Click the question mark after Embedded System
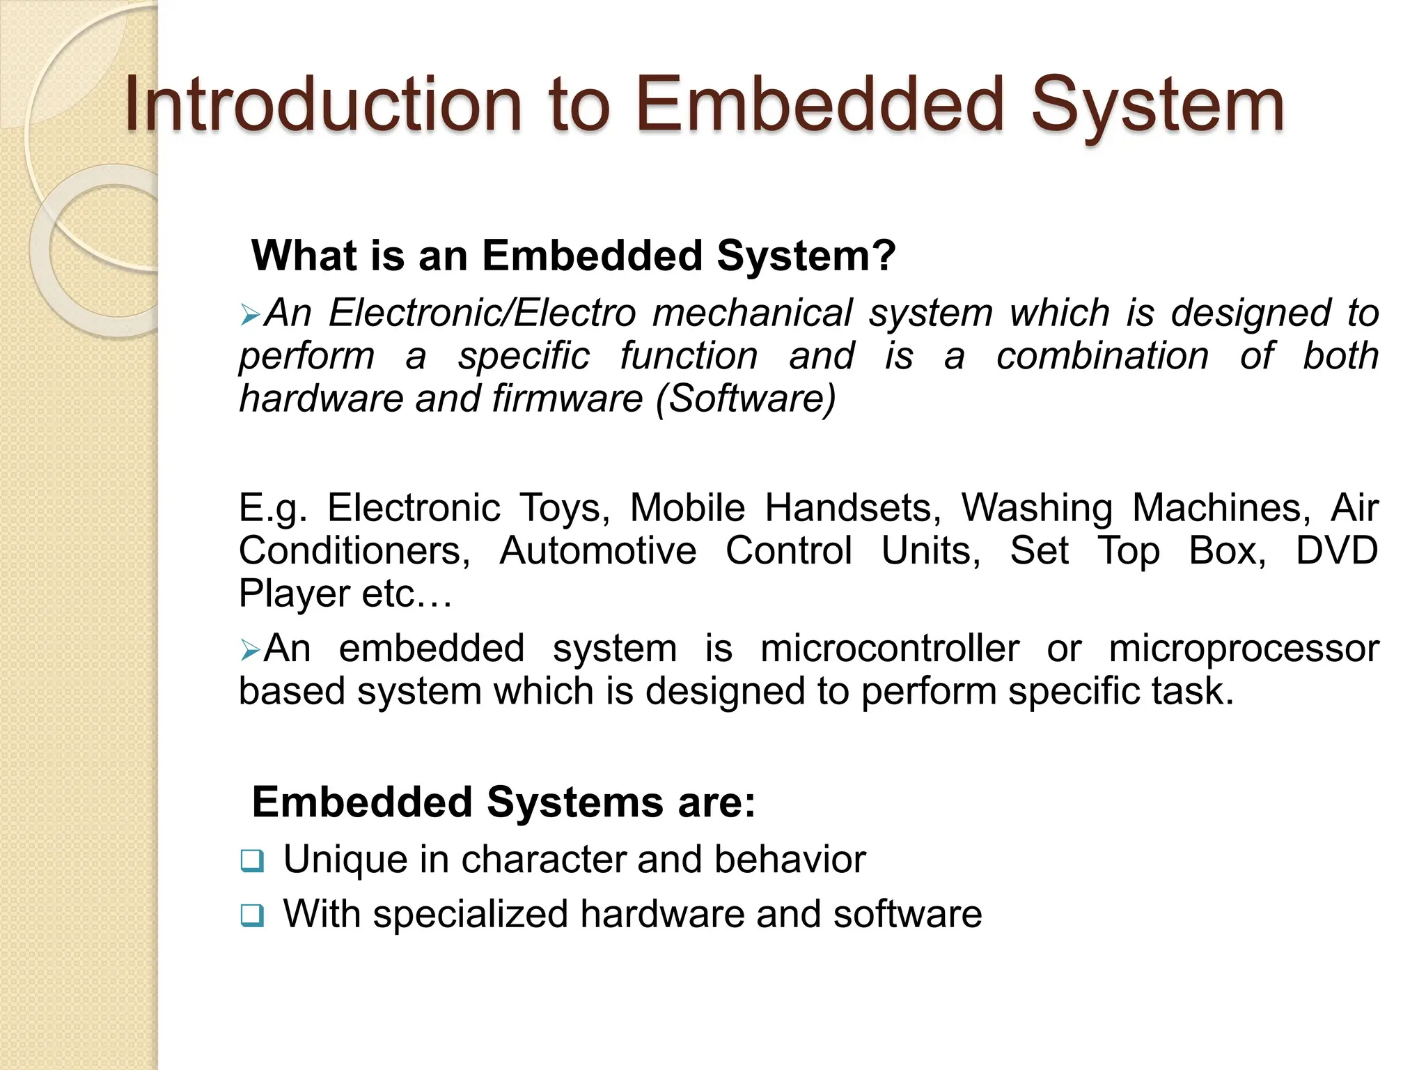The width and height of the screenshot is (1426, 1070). click(x=884, y=256)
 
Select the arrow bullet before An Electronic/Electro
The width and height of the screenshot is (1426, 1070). click(x=250, y=315)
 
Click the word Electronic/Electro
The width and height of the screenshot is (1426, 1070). click(x=482, y=313)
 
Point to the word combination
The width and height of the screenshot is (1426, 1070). click(x=1102, y=356)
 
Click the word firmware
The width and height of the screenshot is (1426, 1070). click(x=567, y=398)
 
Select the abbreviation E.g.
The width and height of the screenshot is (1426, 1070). click(x=273, y=509)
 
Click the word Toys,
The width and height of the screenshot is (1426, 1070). click(x=564, y=509)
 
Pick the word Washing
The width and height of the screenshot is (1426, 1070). click(x=1037, y=509)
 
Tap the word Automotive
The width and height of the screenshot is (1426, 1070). click(x=597, y=551)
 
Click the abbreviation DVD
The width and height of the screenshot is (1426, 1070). click(x=1336, y=551)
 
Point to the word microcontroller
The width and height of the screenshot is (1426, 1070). click(x=889, y=649)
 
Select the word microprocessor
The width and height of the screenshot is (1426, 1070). click(x=1244, y=649)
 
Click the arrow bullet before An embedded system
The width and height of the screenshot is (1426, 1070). click(x=250, y=651)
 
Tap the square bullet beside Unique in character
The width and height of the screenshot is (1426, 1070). click(x=252, y=861)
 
